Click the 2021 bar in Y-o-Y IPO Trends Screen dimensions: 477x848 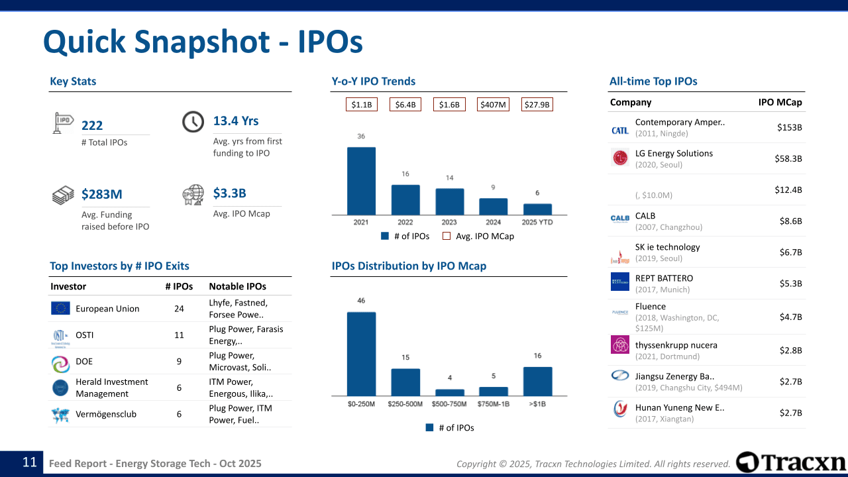[x=361, y=181]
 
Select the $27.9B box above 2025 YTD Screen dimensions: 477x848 [x=537, y=105]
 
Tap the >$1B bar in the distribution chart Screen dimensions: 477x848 [x=537, y=381]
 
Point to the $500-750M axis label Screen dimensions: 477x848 [x=450, y=403]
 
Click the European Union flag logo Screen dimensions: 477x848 [x=60, y=308]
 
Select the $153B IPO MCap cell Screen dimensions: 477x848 [x=789, y=127]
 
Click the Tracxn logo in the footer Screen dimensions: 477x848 [x=791, y=462]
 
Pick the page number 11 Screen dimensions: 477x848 [x=30, y=462]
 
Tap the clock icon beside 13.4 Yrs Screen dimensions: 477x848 [x=193, y=122]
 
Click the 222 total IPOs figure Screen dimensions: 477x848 [x=92, y=126]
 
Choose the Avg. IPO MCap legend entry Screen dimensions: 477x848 [x=478, y=236]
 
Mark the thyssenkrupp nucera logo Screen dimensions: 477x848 [x=620, y=344]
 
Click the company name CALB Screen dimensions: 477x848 [x=645, y=215]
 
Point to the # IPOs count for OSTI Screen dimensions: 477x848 [x=179, y=335]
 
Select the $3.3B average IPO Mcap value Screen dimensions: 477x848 [x=229, y=193]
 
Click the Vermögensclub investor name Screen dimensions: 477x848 [x=106, y=414]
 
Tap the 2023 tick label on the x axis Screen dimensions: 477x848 [x=449, y=223]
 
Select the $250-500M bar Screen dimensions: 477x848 [x=405, y=382]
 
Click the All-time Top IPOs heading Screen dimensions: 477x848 [x=653, y=81]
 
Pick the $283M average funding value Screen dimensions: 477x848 [x=102, y=194]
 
